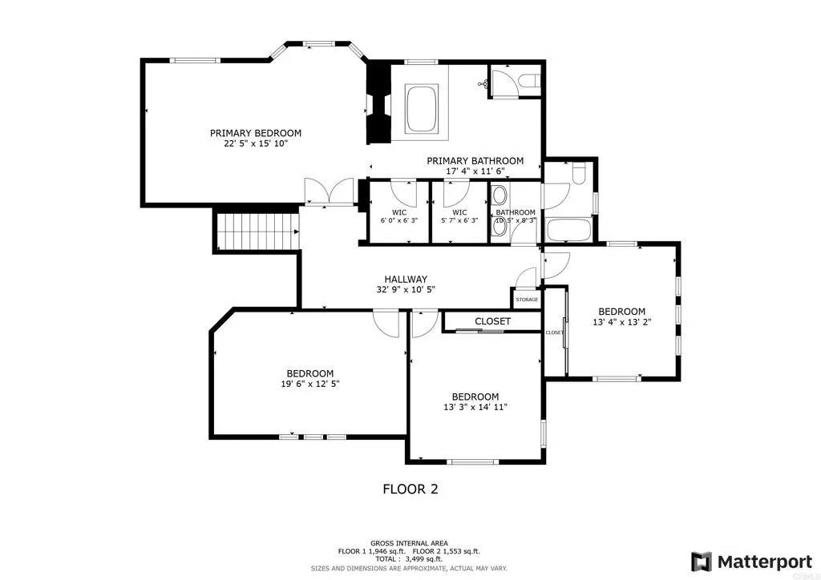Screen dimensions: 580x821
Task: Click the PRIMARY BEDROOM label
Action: (x=256, y=133)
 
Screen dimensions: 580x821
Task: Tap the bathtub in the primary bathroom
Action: (x=422, y=108)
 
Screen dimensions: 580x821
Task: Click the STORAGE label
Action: (x=527, y=300)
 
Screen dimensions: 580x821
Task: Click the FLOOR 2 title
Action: (x=410, y=488)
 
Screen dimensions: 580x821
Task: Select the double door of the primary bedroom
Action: (x=329, y=191)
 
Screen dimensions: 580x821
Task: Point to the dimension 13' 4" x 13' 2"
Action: (x=622, y=323)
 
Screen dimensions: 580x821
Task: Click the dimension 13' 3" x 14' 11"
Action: (x=475, y=408)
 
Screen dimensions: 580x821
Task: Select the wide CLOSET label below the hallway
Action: (x=492, y=321)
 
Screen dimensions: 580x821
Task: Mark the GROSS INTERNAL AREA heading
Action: (x=409, y=542)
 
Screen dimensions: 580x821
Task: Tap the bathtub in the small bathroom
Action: (x=568, y=229)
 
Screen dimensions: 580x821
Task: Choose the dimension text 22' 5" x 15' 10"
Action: (x=256, y=144)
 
